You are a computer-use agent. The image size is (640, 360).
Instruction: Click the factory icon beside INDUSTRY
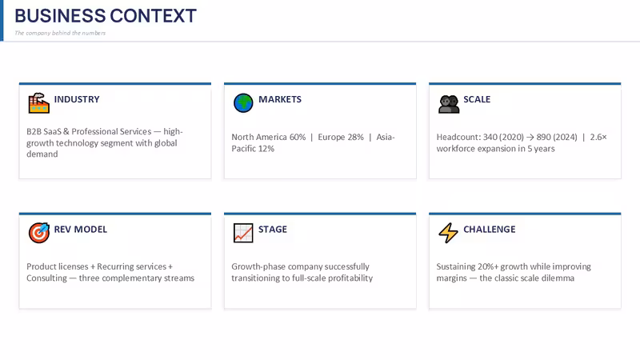(x=38, y=103)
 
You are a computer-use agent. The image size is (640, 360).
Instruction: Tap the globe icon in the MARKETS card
(x=243, y=103)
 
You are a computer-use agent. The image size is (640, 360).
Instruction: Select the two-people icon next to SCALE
(x=449, y=104)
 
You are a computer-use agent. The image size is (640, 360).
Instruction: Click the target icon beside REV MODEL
(x=38, y=233)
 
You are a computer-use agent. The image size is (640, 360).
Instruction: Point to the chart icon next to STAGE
(x=243, y=233)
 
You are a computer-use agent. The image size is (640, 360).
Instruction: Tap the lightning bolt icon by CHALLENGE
(x=448, y=233)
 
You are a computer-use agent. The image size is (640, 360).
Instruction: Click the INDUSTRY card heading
(x=77, y=99)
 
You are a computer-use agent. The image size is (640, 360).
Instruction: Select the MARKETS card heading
(x=280, y=99)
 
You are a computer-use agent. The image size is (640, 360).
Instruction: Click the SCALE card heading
(x=477, y=99)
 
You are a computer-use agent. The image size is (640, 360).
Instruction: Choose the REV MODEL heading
(x=81, y=230)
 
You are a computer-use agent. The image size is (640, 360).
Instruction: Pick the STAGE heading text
(x=273, y=230)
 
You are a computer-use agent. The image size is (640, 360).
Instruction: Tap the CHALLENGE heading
(x=490, y=230)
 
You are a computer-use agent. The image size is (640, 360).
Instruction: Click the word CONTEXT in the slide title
(x=153, y=16)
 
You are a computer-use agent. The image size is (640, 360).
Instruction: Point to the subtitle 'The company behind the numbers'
(x=60, y=33)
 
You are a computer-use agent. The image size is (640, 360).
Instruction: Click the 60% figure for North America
(x=298, y=137)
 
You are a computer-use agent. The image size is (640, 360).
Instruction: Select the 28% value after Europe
(x=355, y=137)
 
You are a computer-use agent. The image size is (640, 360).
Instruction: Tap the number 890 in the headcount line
(x=544, y=137)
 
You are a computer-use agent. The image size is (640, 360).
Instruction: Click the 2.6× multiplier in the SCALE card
(x=598, y=137)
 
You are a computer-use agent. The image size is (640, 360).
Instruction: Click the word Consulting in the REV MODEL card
(x=46, y=278)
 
